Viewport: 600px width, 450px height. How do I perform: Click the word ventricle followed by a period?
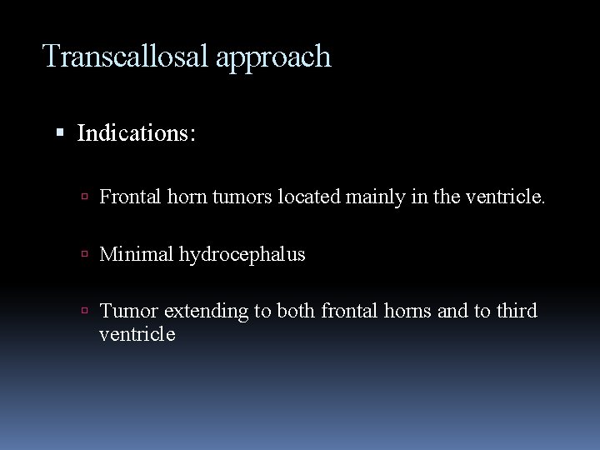[x=506, y=197]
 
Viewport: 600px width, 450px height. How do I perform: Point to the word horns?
[x=406, y=311]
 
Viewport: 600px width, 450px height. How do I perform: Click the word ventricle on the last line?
[x=137, y=334]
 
